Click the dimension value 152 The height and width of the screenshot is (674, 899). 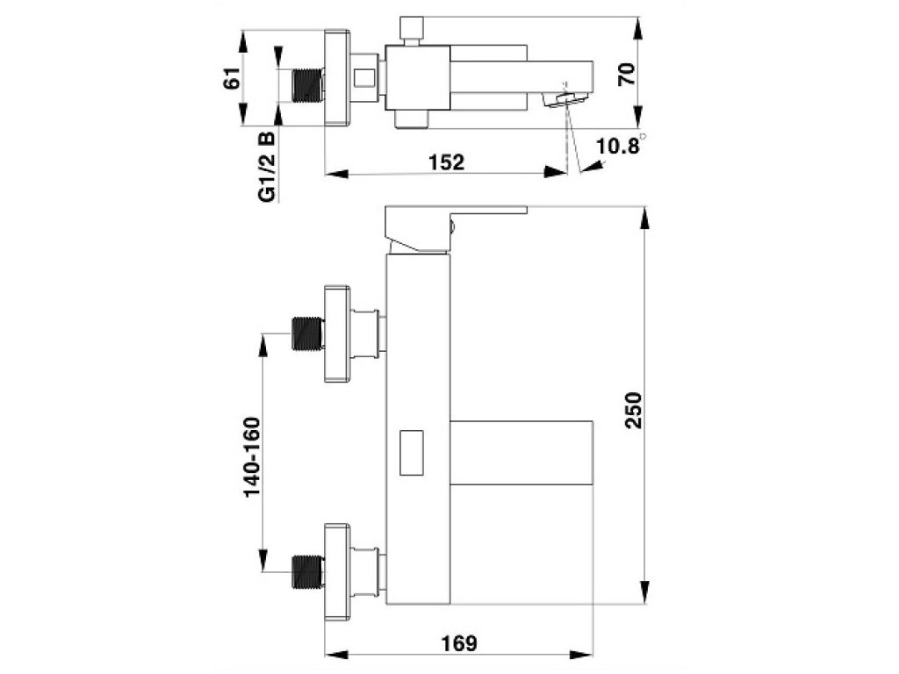coord(446,162)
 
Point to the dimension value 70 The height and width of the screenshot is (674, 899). coord(626,74)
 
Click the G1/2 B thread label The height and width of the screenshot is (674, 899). coord(267,168)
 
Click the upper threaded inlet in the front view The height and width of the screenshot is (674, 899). coord(306,333)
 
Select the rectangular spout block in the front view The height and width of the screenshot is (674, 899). coord(522,452)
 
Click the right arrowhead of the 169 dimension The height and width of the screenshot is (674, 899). coord(585,656)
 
